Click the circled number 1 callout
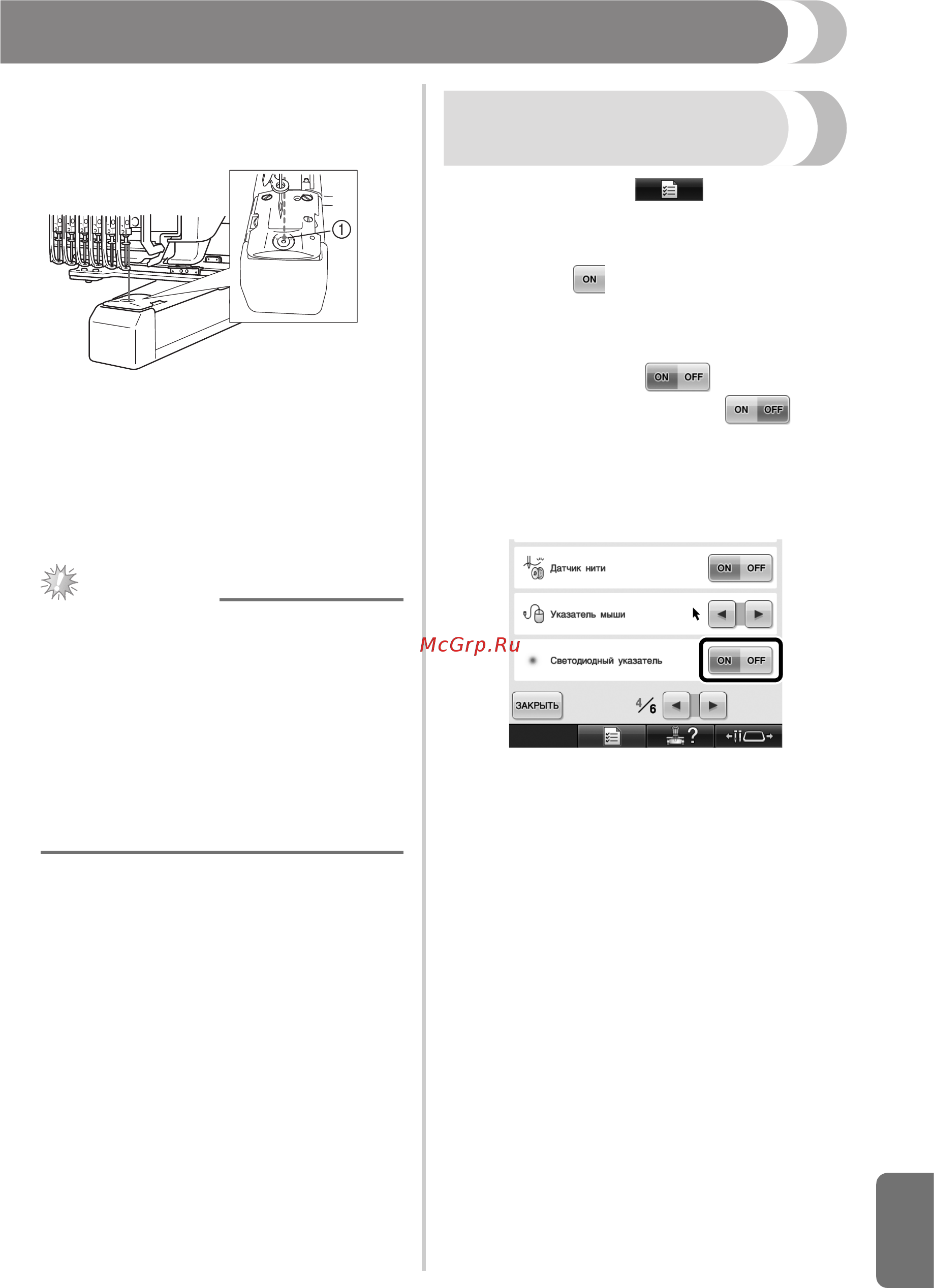coord(341,230)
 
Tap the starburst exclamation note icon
coord(59,582)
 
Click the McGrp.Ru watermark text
coord(470,645)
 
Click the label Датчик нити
coord(577,568)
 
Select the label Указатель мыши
coord(587,615)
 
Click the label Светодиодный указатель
coord(606,660)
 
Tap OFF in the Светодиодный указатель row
coord(756,660)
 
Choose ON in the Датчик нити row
coord(724,568)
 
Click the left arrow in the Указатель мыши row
coord(722,614)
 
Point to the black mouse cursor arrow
coord(696,614)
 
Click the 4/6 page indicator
coord(646,705)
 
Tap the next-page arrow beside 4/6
coord(713,706)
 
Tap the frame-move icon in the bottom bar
coord(749,736)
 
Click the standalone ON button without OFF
coord(589,279)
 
